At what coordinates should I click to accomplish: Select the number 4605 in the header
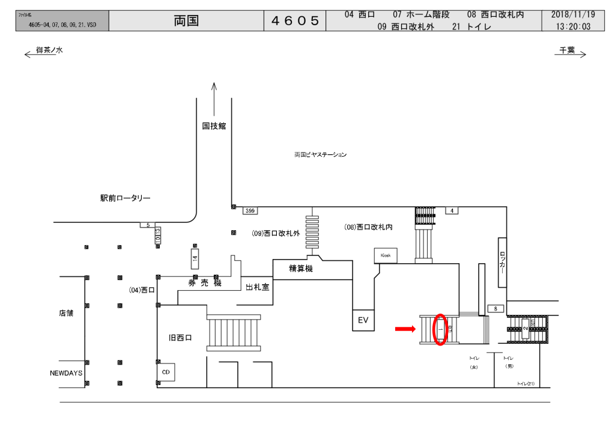click(295, 21)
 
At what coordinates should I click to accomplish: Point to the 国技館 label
click(214, 126)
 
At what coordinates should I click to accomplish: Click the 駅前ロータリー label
click(126, 198)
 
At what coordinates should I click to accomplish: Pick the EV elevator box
click(363, 320)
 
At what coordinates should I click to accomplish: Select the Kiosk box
click(386, 255)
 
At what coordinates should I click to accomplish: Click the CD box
click(166, 371)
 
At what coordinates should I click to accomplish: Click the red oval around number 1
click(440, 329)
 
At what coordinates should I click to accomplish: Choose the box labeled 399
click(251, 210)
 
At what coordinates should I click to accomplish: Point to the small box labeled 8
click(495, 309)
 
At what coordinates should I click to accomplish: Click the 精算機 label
click(301, 269)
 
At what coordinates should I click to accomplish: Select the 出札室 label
click(258, 288)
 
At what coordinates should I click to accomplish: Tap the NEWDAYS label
click(65, 373)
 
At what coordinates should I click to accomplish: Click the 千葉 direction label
click(567, 51)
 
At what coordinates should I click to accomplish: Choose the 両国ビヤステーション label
click(320, 154)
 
